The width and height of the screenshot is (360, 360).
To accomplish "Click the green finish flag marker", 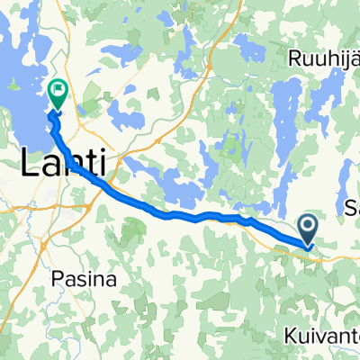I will [x=59, y=89].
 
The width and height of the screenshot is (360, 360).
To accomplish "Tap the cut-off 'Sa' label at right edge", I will [x=352, y=208].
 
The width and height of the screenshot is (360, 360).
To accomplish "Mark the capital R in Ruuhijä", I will [x=296, y=58].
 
